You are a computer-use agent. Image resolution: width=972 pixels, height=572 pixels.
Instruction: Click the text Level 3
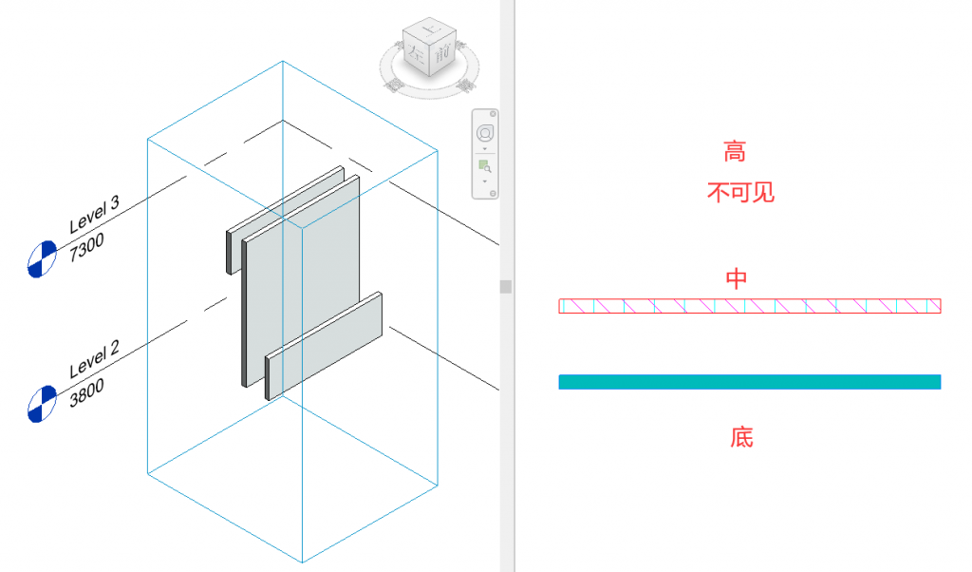[95, 215]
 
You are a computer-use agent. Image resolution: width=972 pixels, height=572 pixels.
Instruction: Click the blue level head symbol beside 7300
[43, 258]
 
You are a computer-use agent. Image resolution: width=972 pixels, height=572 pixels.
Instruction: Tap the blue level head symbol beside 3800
[43, 402]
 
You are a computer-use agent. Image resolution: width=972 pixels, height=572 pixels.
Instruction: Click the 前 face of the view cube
[440, 58]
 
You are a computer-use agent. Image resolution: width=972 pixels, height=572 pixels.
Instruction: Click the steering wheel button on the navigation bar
[485, 131]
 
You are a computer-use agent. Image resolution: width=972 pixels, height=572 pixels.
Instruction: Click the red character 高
[735, 151]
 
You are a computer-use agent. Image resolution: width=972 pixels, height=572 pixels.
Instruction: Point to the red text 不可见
[740, 193]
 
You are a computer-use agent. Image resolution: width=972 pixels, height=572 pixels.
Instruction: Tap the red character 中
[737, 278]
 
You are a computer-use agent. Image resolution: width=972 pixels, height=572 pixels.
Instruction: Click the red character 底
[741, 437]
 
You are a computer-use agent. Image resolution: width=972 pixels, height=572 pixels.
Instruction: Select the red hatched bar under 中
[749, 306]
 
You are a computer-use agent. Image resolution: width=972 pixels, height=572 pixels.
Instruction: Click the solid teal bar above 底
[749, 382]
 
